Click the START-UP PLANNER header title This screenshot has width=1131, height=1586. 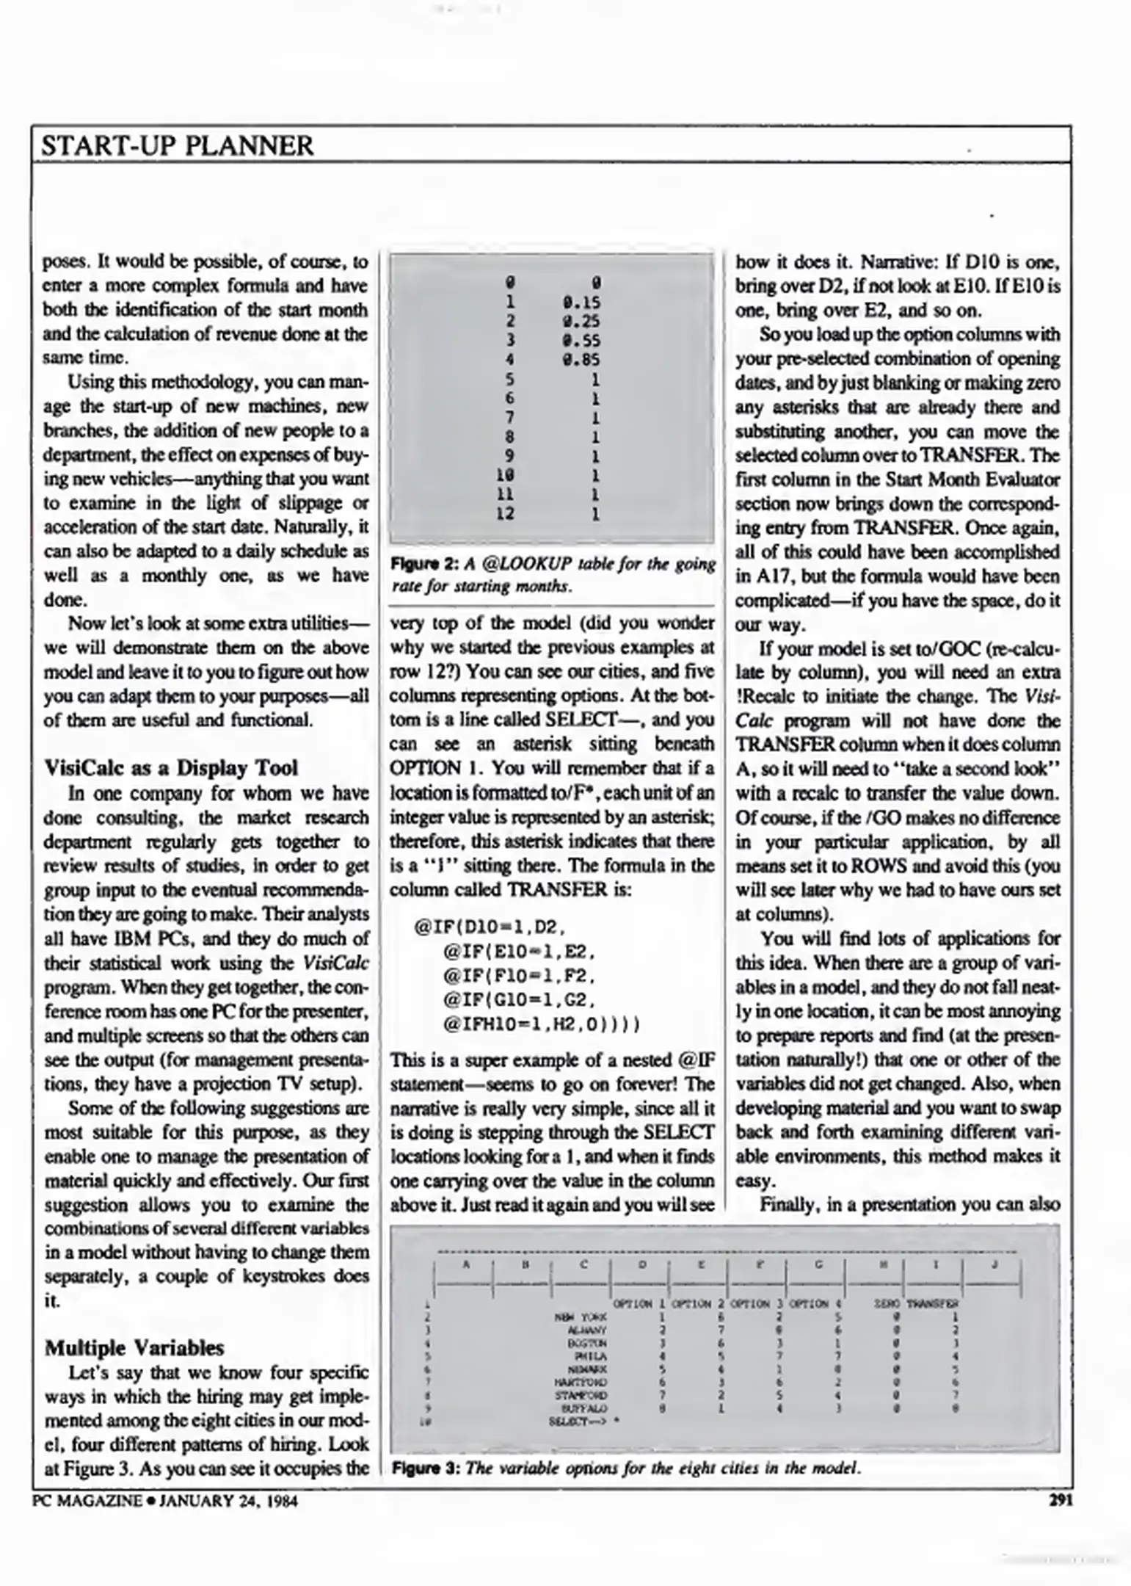177,145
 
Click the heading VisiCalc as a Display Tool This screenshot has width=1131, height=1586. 171,768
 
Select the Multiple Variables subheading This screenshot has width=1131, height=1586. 134,1348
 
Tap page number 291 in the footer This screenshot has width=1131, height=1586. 1061,1501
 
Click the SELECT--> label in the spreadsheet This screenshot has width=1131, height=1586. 579,1422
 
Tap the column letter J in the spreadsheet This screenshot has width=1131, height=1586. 994,1264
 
